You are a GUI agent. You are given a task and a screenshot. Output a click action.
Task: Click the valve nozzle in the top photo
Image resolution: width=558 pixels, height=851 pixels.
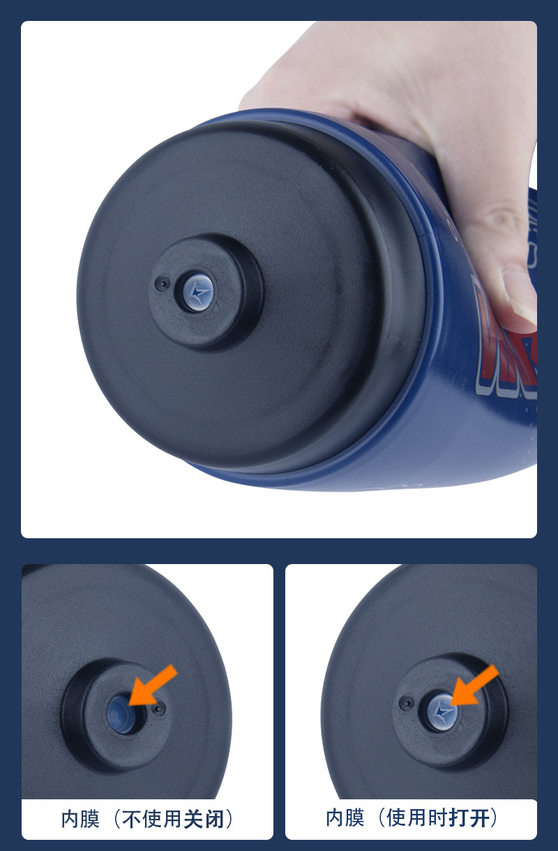pyautogui.click(x=195, y=292)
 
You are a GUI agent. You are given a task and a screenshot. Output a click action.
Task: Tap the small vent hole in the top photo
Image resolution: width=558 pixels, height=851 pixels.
pyautogui.click(x=163, y=283)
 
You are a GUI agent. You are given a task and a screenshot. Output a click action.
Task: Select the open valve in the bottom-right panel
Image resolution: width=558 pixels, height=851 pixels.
pyautogui.click(x=440, y=711)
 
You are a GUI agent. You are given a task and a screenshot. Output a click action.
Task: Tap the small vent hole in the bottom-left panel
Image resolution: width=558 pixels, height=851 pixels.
pyautogui.click(x=158, y=708)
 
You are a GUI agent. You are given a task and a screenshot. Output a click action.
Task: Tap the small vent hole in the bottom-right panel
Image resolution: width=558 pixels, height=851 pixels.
pyautogui.click(x=407, y=703)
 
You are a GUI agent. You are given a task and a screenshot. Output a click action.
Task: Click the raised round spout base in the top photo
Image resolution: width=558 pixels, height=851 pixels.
pyautogui.click(x=206, y=293)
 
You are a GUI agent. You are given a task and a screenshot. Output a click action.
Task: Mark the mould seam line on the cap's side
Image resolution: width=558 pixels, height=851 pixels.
pyautogui.click(x=405, y=337)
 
